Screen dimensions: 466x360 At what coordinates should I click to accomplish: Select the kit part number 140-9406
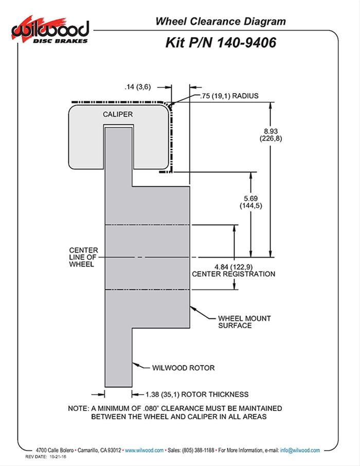tap(244, 42)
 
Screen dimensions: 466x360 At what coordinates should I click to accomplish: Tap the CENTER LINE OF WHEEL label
tap(83, 257)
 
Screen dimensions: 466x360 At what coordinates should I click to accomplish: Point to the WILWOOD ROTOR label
tap(183, 368)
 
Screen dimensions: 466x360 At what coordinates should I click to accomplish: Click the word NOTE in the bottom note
tap(78, 408)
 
